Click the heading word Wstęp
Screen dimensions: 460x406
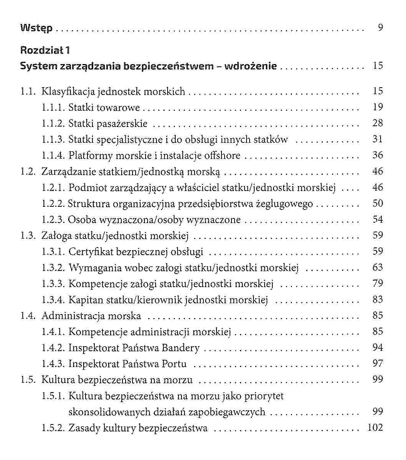click(36, 28)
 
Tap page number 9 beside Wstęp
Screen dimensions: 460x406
click(380, 28)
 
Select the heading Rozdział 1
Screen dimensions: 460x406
click(45, 50)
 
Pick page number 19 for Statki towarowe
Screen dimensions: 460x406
click(378, 107)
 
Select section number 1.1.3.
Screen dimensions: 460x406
click(53, 139)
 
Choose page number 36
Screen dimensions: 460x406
click(378, 155)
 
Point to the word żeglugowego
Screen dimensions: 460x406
click(285, 204)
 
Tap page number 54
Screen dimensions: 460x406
click(378, 220)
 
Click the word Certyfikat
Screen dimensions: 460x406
click(91, 252)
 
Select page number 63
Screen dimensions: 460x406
click(378, 267)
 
